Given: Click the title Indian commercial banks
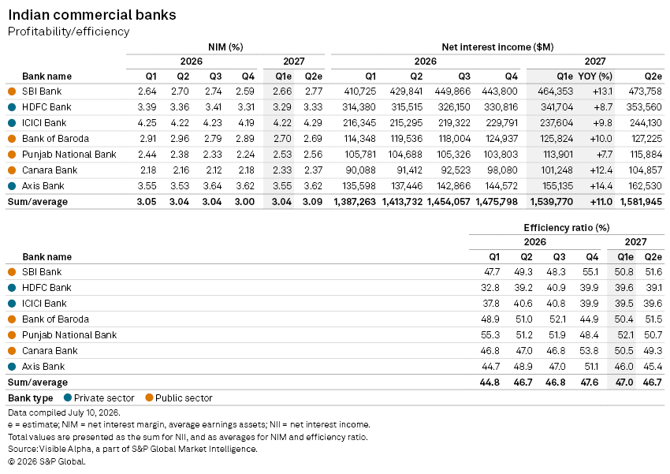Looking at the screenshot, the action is (x=92, y=15).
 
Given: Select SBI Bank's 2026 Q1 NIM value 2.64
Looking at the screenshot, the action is (x=147, y=91).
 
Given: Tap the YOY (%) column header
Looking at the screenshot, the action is (x=595, y=77).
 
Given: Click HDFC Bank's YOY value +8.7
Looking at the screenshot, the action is (x=603, y=107).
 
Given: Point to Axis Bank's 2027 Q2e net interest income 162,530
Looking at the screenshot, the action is (x=646, y=186).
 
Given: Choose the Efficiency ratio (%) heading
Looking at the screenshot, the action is (x=567, y=228).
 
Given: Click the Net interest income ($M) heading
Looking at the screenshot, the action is (x=497, y=47).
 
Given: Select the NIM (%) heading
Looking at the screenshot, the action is (x=225, y=47).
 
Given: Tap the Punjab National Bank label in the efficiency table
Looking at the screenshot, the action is (x=69, y=335).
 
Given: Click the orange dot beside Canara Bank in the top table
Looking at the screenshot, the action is (x=12, y=170).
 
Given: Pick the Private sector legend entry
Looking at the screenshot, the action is (x=99, y=398).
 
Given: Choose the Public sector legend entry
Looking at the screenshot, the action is (x=179, y=398).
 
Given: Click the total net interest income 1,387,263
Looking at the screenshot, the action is (x=355, y=202).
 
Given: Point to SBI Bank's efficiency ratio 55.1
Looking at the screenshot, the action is (x=590, y=272).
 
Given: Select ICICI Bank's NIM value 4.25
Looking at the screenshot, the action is (x=147, y=123).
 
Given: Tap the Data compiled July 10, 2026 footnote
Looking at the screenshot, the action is (x=64, y=413).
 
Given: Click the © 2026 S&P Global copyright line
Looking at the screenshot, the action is (x=47, y=461).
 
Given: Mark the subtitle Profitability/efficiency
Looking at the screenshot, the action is (x=69, y=32).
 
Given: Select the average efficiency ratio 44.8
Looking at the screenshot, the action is (x=489, y=383).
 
